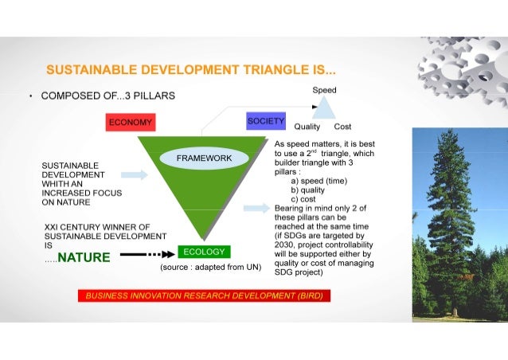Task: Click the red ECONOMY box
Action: pos(131,122)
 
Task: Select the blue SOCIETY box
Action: pos(266,121)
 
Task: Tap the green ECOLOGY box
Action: pos(204,252)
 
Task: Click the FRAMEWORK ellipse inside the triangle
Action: pos(205,158)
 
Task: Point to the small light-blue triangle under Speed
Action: pos(324,108)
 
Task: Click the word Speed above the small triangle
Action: pos(324,90)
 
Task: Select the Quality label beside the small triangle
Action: pos(307,127)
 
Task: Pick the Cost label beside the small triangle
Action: pos(342,127)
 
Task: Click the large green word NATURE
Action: pos(84,257)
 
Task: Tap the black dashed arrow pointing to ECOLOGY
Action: pos(148,254)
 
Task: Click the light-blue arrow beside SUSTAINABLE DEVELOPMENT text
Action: pos(135,174)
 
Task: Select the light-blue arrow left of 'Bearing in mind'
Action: pos(256,208)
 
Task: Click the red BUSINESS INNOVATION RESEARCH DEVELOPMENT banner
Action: pos(204,295)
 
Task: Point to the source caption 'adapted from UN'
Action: pos(211,268)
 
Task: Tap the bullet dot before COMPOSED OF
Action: pos(30,96)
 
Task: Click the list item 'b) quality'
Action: pos(308,190)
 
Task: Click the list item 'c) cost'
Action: pos(303,199)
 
